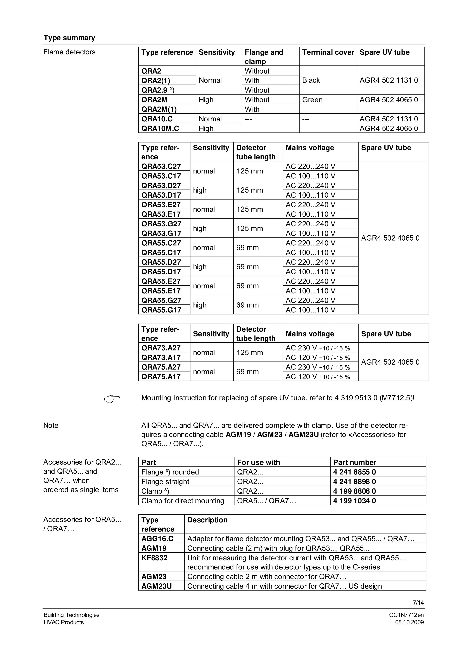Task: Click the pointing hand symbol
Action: (112, 399)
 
